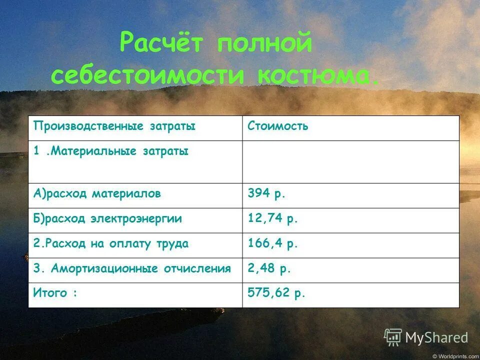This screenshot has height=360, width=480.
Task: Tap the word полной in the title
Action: click(264, 44)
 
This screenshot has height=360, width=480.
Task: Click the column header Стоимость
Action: click(278, 126)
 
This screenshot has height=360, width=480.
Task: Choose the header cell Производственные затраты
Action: click(114, 126)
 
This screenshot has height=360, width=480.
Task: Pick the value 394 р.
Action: click(266, 194)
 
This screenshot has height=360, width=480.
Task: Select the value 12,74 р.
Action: click(273, 218)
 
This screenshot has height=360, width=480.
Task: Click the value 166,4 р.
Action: click(273, 243)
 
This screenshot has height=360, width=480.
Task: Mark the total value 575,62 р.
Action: click(276, 293)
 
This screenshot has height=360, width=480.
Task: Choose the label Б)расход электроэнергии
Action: click(107, 218)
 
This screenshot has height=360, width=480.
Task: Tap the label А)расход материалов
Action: click(97, 194)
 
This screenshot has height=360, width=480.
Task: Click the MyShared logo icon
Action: click(393, 337)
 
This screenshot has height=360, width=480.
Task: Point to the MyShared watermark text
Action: click(436, 338)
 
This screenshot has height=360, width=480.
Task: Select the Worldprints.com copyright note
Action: click(455, 356)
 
